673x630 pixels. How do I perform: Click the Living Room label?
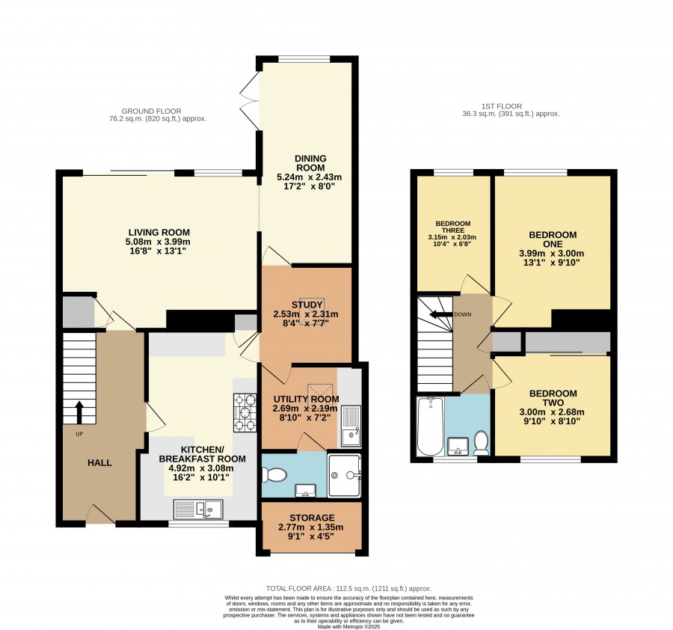159,233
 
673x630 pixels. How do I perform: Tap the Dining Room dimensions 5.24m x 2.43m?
310,177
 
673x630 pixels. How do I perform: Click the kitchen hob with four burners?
245,413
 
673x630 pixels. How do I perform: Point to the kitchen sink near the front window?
198,510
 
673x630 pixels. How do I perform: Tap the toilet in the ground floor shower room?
274,474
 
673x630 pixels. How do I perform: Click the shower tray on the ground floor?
344,475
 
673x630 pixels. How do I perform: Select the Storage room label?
312,518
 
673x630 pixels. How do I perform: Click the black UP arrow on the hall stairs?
79,413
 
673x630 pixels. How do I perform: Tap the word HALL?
99,463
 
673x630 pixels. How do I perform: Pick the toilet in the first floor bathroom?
481,443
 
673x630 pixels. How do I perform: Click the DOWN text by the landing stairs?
463,314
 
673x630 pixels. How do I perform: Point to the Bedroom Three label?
453,227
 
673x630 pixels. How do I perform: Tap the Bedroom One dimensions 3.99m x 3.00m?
552,254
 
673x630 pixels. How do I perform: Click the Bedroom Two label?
553,398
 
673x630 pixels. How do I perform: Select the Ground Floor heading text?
152,111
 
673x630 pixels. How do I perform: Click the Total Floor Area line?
348,588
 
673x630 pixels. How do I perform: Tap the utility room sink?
351,426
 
